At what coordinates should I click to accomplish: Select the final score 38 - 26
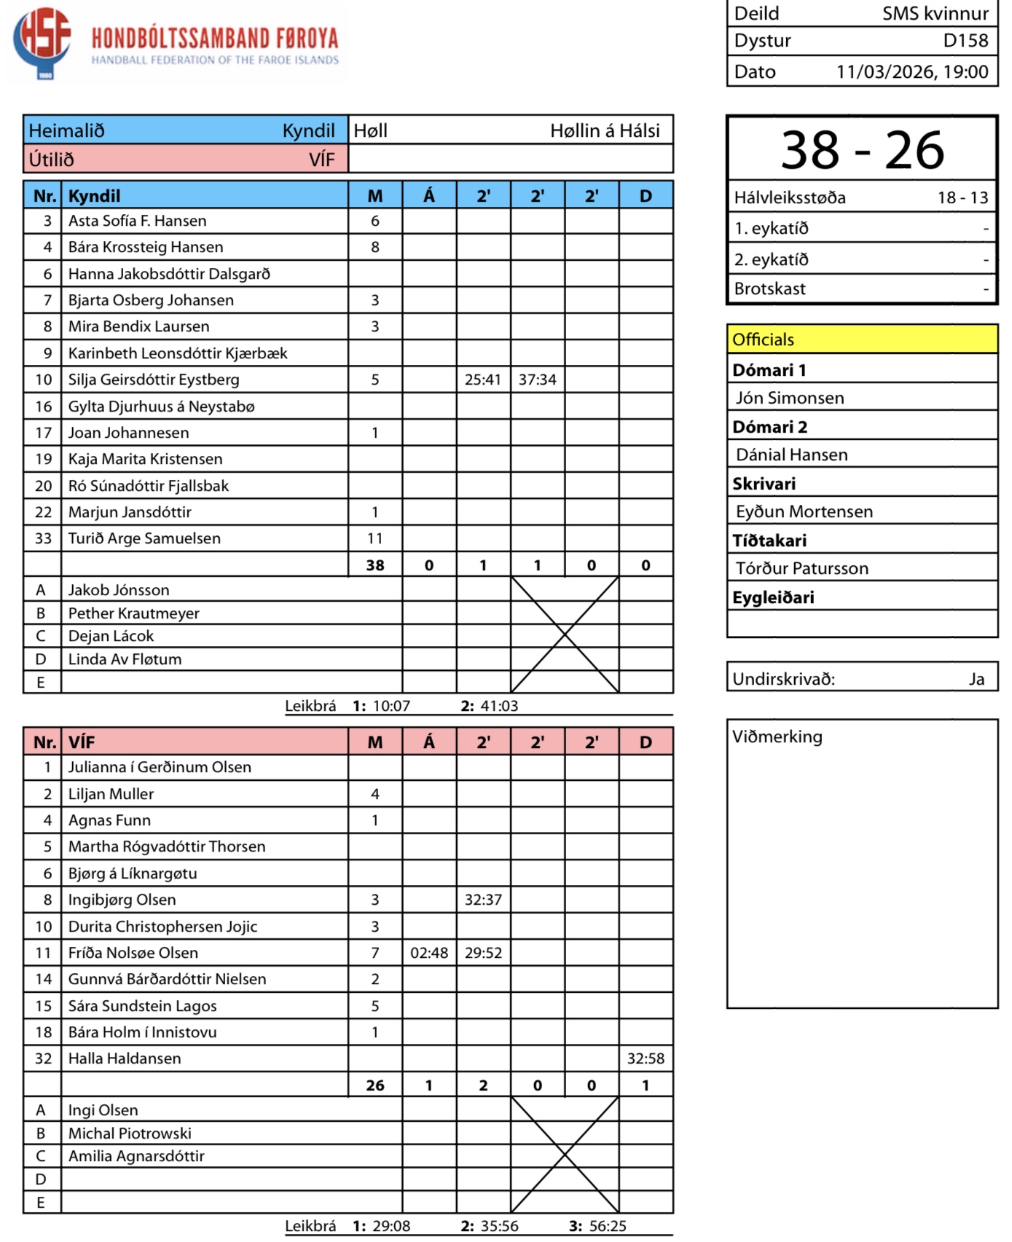862,151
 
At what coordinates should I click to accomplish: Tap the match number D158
965,41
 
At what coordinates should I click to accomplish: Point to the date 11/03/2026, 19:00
911,72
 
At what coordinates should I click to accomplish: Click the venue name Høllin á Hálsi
604,131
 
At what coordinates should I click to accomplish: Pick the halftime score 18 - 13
962,198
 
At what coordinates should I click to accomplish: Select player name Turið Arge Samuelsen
144,539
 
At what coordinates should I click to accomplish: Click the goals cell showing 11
374,539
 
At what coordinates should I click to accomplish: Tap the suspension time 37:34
537,380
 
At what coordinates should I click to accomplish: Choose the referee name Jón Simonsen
790,398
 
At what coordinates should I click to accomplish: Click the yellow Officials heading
764,340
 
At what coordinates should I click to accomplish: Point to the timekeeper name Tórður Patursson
801,569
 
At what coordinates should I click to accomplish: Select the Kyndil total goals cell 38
374,566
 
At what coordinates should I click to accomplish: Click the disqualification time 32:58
646,1059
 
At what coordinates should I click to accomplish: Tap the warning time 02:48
429,954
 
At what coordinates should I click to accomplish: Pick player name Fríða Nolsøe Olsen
133,954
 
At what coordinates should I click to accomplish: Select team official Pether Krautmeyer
133,614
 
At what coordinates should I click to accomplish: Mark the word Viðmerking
777,737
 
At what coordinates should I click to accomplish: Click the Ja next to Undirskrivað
976,680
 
